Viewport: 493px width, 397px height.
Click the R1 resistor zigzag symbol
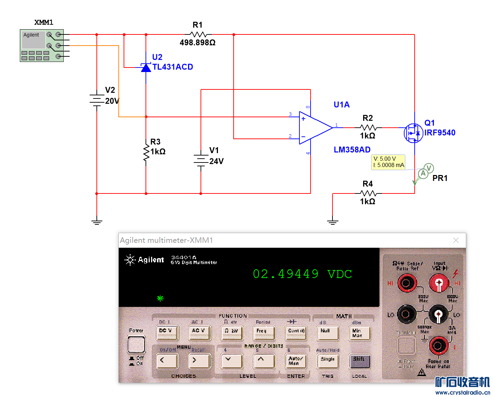click(x=198, y=34)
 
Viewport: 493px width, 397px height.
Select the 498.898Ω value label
click(x=197, y=43)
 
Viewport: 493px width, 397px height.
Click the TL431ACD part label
click(x=173, y=67)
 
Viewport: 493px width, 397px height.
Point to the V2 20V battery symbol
click(x=97, y=100)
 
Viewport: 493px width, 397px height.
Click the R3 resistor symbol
click(x=146, y=151)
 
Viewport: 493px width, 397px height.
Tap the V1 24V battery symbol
click(x=201, y=160)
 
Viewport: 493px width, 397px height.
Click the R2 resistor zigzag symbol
click(x=368, y=128)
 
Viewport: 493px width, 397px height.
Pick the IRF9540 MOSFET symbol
click(x=414, y=133)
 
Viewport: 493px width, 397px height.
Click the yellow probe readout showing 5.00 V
click(x=388, y=162)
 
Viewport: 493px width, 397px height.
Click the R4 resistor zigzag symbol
click(x=368, y=193)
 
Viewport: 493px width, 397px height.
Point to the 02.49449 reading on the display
click(x=285, y=274)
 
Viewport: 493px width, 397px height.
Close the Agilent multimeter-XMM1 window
click(x=456, y=240)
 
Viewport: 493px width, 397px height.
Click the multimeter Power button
click(x=136, y=344)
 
